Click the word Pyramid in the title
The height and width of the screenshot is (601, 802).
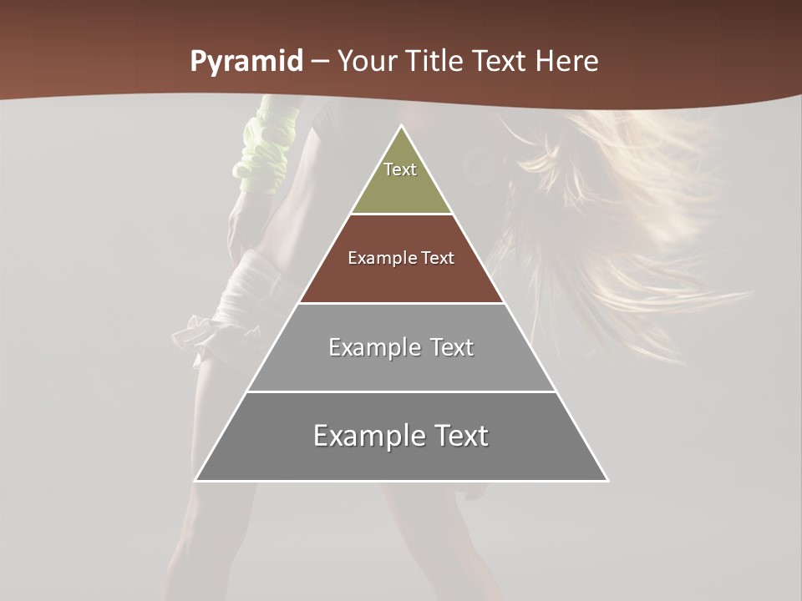[x=246, y=62]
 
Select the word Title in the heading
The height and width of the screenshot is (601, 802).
[x=439, y=62]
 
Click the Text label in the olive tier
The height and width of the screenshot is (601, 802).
[x=400, y=169]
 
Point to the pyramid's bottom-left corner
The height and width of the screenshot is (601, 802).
[x=195, y=480]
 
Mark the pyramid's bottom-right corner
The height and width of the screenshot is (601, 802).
[x=607, y=480]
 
